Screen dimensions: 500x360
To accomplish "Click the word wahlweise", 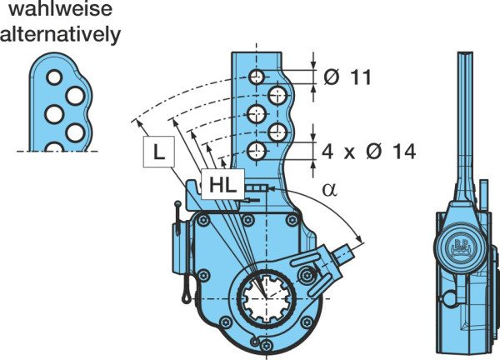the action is coord(60,8).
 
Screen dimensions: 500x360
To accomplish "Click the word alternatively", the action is coord(60,34).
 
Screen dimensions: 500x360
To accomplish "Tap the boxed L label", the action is coord(159,152).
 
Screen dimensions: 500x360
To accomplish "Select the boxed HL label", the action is coord(222,184).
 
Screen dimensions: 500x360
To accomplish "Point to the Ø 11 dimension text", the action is coord(347,77).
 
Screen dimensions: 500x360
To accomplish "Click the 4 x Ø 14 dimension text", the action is coord(368,152).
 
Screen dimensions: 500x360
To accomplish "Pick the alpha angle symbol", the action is coord(329,190).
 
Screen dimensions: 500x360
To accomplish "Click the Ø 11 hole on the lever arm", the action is coord(257,77).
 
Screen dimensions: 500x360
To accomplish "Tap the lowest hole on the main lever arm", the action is coord(257,151).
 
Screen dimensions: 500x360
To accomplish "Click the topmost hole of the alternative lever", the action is coord(54,77).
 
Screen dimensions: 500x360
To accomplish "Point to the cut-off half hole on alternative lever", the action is coord(54,147).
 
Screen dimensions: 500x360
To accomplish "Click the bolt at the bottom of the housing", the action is coord(267,345).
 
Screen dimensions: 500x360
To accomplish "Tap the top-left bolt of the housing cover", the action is coord(202,220).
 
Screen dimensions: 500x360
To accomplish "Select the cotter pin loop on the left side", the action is coord(186,298).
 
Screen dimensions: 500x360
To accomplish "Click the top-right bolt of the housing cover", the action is coord(292,220).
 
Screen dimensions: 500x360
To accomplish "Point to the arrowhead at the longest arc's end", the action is coord(136,122).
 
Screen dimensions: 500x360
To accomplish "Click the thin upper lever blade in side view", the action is coord(465,121).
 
